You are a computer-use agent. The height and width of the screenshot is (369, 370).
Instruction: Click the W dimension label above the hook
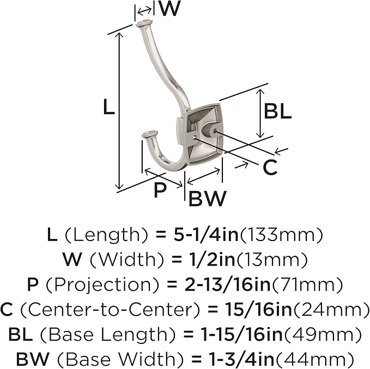click(x=169, y=9)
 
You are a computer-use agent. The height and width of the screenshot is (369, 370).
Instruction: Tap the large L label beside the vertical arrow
click(x=109, y=107)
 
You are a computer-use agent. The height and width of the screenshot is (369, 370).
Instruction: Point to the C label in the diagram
click(x=270, y=167)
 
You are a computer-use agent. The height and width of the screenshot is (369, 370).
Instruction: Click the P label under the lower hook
click(x=160, y=190)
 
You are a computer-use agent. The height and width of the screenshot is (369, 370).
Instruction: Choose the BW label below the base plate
click(x=208, y=198)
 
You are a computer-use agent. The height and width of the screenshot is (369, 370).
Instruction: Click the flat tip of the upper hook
click(x=144, y=23)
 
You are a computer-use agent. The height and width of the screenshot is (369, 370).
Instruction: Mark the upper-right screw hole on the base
click(x=215, y=131)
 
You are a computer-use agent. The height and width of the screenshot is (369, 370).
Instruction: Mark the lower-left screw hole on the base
click(x=194, y=138)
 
